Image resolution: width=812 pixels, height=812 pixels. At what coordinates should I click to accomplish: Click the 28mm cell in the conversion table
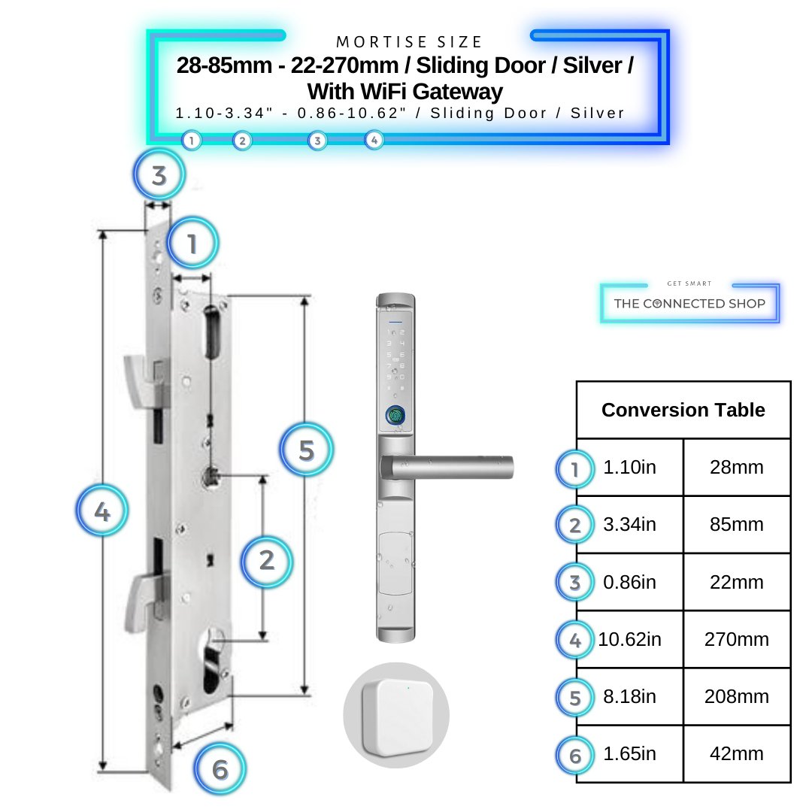pos(736,467)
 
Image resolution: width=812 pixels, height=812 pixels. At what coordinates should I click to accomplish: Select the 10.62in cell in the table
pos(630,639)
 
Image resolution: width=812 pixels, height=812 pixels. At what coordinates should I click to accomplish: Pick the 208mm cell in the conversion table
pos(736,696)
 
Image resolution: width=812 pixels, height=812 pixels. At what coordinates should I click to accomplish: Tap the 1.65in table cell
pos(630,753)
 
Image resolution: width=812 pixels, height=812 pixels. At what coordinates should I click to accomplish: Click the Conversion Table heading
pos(683,411)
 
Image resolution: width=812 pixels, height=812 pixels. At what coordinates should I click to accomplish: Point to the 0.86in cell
pos(630,582)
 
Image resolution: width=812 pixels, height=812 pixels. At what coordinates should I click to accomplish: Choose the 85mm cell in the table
pos(736,525)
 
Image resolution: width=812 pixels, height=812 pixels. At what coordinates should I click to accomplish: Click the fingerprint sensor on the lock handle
pos(395,415)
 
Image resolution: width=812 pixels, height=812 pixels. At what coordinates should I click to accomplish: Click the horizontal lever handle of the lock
pos(447,467)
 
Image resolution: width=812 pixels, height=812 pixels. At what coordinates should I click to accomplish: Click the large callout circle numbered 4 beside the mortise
pos(102,511)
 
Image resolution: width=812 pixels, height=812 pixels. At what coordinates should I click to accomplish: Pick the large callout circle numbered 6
pos(220,770)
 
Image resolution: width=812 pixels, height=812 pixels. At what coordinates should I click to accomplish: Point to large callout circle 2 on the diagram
pos(267,562)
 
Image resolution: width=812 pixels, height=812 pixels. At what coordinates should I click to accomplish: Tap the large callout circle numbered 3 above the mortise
pos(159,175)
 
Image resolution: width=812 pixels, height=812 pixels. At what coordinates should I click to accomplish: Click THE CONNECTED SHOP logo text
pos(689,304)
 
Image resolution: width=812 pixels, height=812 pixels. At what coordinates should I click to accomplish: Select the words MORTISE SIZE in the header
pos(409,42)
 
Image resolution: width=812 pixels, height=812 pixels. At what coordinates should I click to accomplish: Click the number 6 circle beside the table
pos(575,756)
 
